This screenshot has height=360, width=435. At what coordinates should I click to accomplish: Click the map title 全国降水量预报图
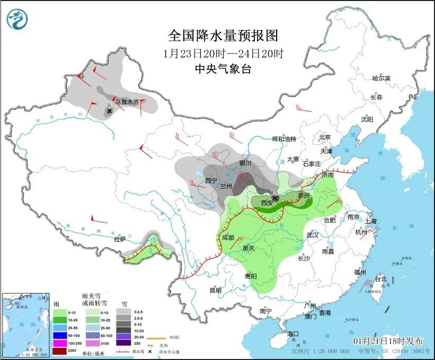[223, 36]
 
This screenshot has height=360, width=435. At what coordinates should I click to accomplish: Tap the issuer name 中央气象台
[223, 69]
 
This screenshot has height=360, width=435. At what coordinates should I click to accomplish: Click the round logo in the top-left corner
[17, 19]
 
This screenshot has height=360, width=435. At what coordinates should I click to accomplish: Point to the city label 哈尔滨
[381, 78]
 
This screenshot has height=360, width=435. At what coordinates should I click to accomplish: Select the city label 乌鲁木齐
[127, 102]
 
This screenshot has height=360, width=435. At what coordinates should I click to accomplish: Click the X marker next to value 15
[275, 198]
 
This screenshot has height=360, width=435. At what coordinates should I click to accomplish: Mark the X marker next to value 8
[110, 111]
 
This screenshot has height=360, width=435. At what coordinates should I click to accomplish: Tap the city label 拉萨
[120, 239]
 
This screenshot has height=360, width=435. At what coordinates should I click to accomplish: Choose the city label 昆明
[215, 290]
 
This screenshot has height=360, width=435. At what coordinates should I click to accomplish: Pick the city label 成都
[228, 238]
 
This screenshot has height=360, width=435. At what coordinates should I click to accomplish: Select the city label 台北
[381, 278]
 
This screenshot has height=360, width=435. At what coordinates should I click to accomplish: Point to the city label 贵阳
[251, 276]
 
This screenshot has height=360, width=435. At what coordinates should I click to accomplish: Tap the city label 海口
[293, 334]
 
